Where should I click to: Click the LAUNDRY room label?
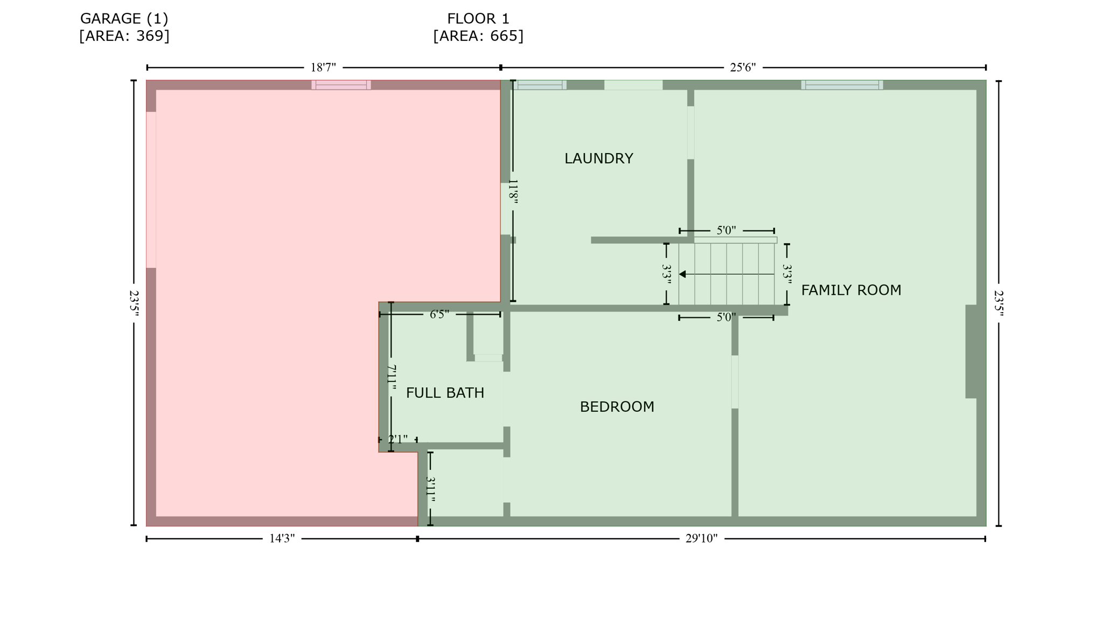click(598, 158)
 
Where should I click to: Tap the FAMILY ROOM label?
click(850, 290)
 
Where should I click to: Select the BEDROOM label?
click(617, 407)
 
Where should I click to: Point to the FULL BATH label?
click(445, 393)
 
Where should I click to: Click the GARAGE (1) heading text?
click(124, 19)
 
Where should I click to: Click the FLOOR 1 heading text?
click(478, 19)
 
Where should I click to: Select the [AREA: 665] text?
click(478, 36)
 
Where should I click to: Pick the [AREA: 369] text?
click(124, 36)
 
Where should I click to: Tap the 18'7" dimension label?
click(323, 68)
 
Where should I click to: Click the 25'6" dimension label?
click(742, 68)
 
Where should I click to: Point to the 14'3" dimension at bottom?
click(282, 539)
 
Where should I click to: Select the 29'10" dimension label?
click(701, 539)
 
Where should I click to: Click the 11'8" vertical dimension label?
click(513, 192)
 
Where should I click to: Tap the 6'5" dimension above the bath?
click(439, 315)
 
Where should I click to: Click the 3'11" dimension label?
click(430, 489)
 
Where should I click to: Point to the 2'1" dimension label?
click(397, 440)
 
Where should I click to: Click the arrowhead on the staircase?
click(682, 274)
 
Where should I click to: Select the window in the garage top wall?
click(341, 85)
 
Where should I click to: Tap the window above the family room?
click(841, 85)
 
